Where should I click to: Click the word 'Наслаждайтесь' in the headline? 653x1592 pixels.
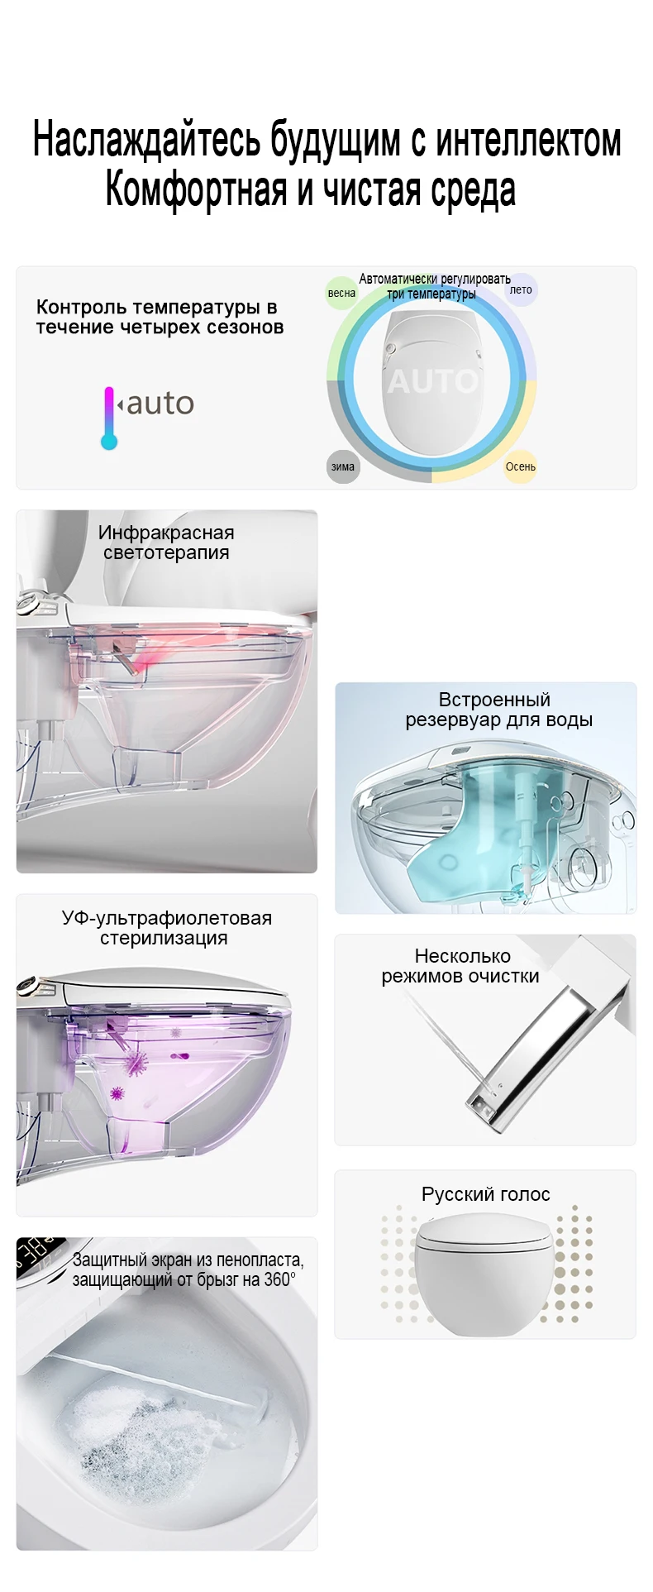(x=147, y=140)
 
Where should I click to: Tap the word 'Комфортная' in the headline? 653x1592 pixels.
(x=195, y=189)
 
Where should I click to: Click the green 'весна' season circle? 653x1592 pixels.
(x=341, y=293)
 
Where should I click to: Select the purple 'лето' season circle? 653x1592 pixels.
(x=521, y=290)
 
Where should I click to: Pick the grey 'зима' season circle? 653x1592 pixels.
(x=343, y=466)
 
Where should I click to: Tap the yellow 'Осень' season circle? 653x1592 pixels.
(x=521, y=466)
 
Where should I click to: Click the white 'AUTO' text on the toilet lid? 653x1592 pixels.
(x=432, y=381)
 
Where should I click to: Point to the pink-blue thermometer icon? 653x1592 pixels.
(x=109, y=418)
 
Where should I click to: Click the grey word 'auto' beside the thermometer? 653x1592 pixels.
(x=160, y=404)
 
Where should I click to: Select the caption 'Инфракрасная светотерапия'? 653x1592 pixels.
(x=166, y=543)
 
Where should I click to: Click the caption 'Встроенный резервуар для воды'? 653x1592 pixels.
(x=498, y=710)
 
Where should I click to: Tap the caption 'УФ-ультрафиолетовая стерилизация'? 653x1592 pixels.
(x=166, y=928)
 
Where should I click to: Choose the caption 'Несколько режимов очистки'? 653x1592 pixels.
(x=461, y=966)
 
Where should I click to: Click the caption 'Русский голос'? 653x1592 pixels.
(x=485, y=1194)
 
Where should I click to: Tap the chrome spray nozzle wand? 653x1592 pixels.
(x=537, y=1050)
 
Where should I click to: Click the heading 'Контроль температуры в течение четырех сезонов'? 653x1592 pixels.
(x=160, y=317)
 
